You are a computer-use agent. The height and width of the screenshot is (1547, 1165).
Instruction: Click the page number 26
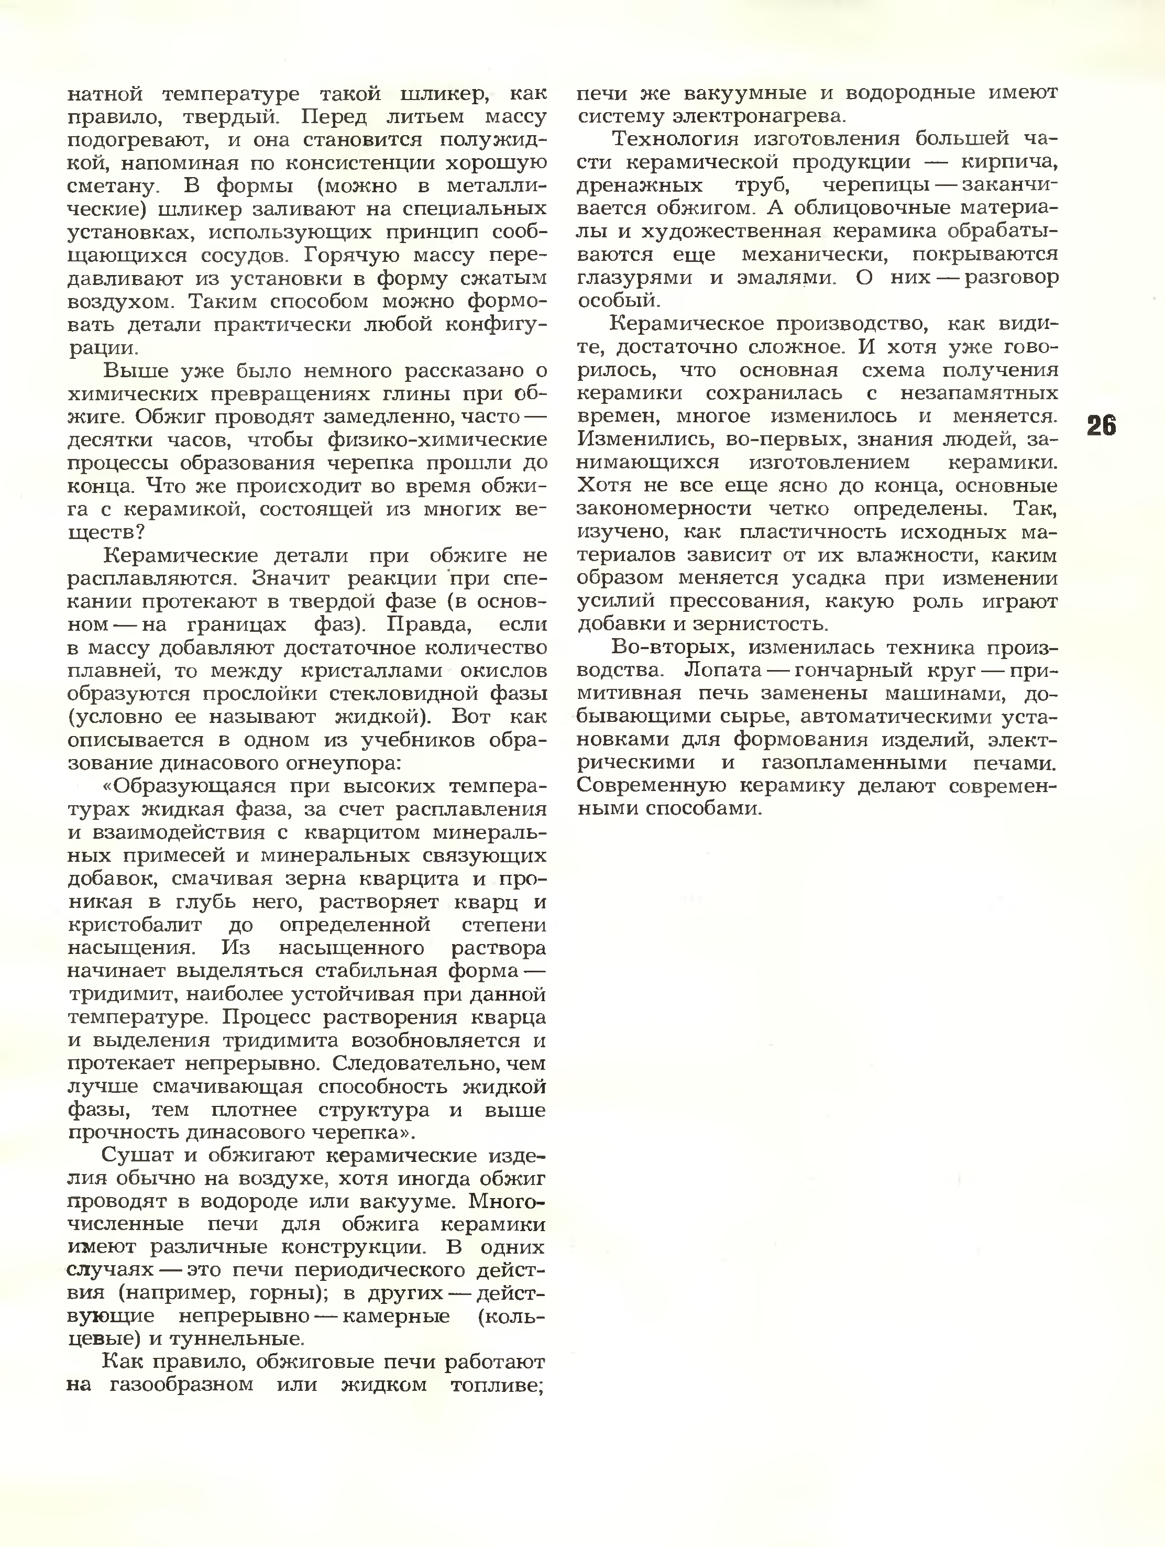pos(1102,426)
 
